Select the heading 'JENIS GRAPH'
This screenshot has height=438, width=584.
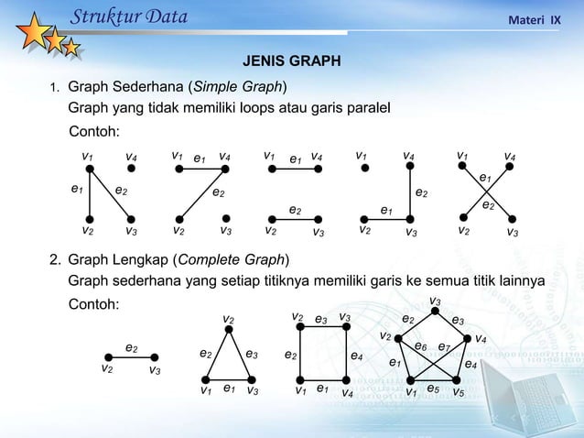[291, 62]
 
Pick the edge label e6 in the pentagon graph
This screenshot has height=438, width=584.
[420, 346]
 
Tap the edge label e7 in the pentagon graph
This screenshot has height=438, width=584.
[444, 347]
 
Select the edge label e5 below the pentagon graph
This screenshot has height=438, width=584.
[433, 389]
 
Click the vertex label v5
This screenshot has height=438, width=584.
[459, 392]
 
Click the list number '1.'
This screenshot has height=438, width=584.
[55, 89]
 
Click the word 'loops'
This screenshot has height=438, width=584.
[273, 108]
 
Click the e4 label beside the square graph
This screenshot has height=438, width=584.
[357, 356]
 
